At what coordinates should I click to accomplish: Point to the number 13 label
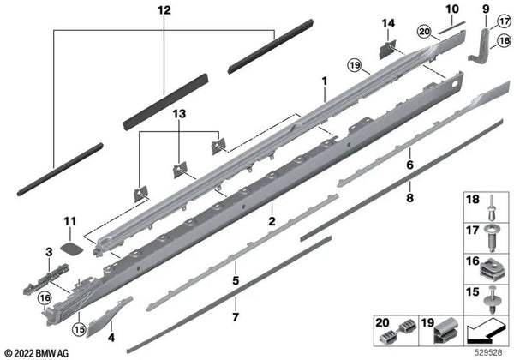pos(178,114)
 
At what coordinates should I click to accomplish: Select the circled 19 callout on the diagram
pos(354,64)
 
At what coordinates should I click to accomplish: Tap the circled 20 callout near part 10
pos(422,32)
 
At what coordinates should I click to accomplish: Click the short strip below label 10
pos(451,27)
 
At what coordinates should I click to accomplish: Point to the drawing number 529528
pos(487,352)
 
